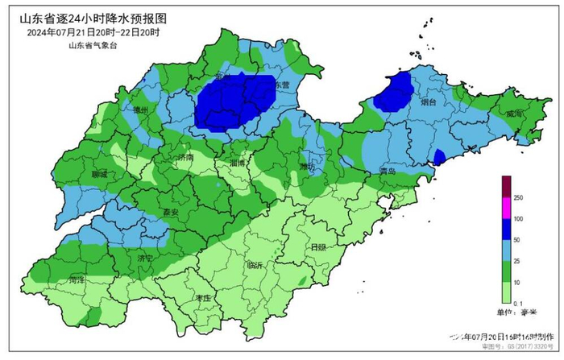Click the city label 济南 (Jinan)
click(x=185, y=158)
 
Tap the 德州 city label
click(x=141, y=110)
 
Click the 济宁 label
click(x=145, y=259)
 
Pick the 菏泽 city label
click(x=77, y=281)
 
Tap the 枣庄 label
click(x=202, y=298)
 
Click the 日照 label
click(x=318, y=248)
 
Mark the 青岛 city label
click(x=388, y=172)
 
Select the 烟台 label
click(x=429, y=104)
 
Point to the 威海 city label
click(x=514, y=114)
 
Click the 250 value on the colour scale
click(x=518, y=197)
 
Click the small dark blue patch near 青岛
click(x=439, y=156)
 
